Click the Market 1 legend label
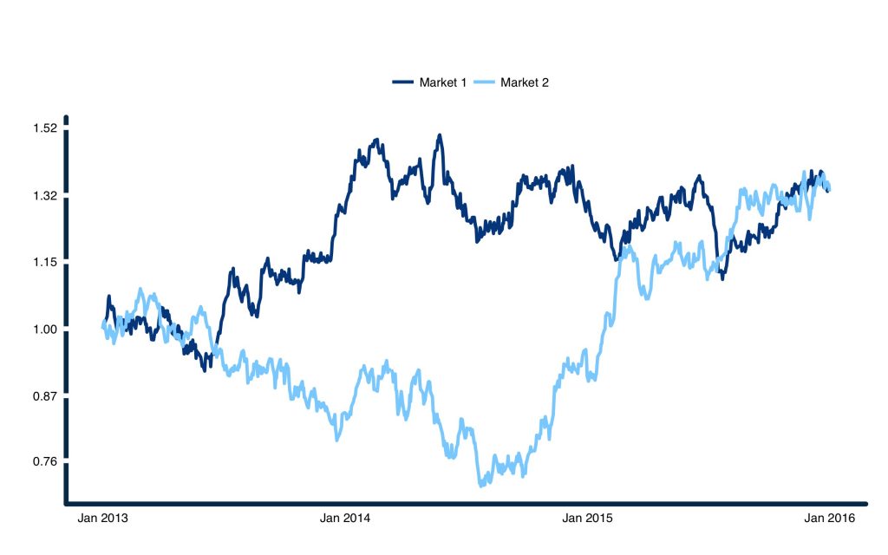click(443, 82)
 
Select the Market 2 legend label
click(525, 82)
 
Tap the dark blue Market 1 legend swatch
click(404, 82)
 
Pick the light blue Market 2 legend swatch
click(486, 82)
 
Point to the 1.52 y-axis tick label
click(45, 128)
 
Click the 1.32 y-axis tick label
click(45, 196)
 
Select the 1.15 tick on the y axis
click(45, 262)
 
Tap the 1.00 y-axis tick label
click(45, 330)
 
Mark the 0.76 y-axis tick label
click(45, 461)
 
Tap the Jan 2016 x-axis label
click(829, 519)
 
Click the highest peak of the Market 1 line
click(440, 135)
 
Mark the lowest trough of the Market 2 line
click(480, 485)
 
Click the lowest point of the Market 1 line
click(205, 370)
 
